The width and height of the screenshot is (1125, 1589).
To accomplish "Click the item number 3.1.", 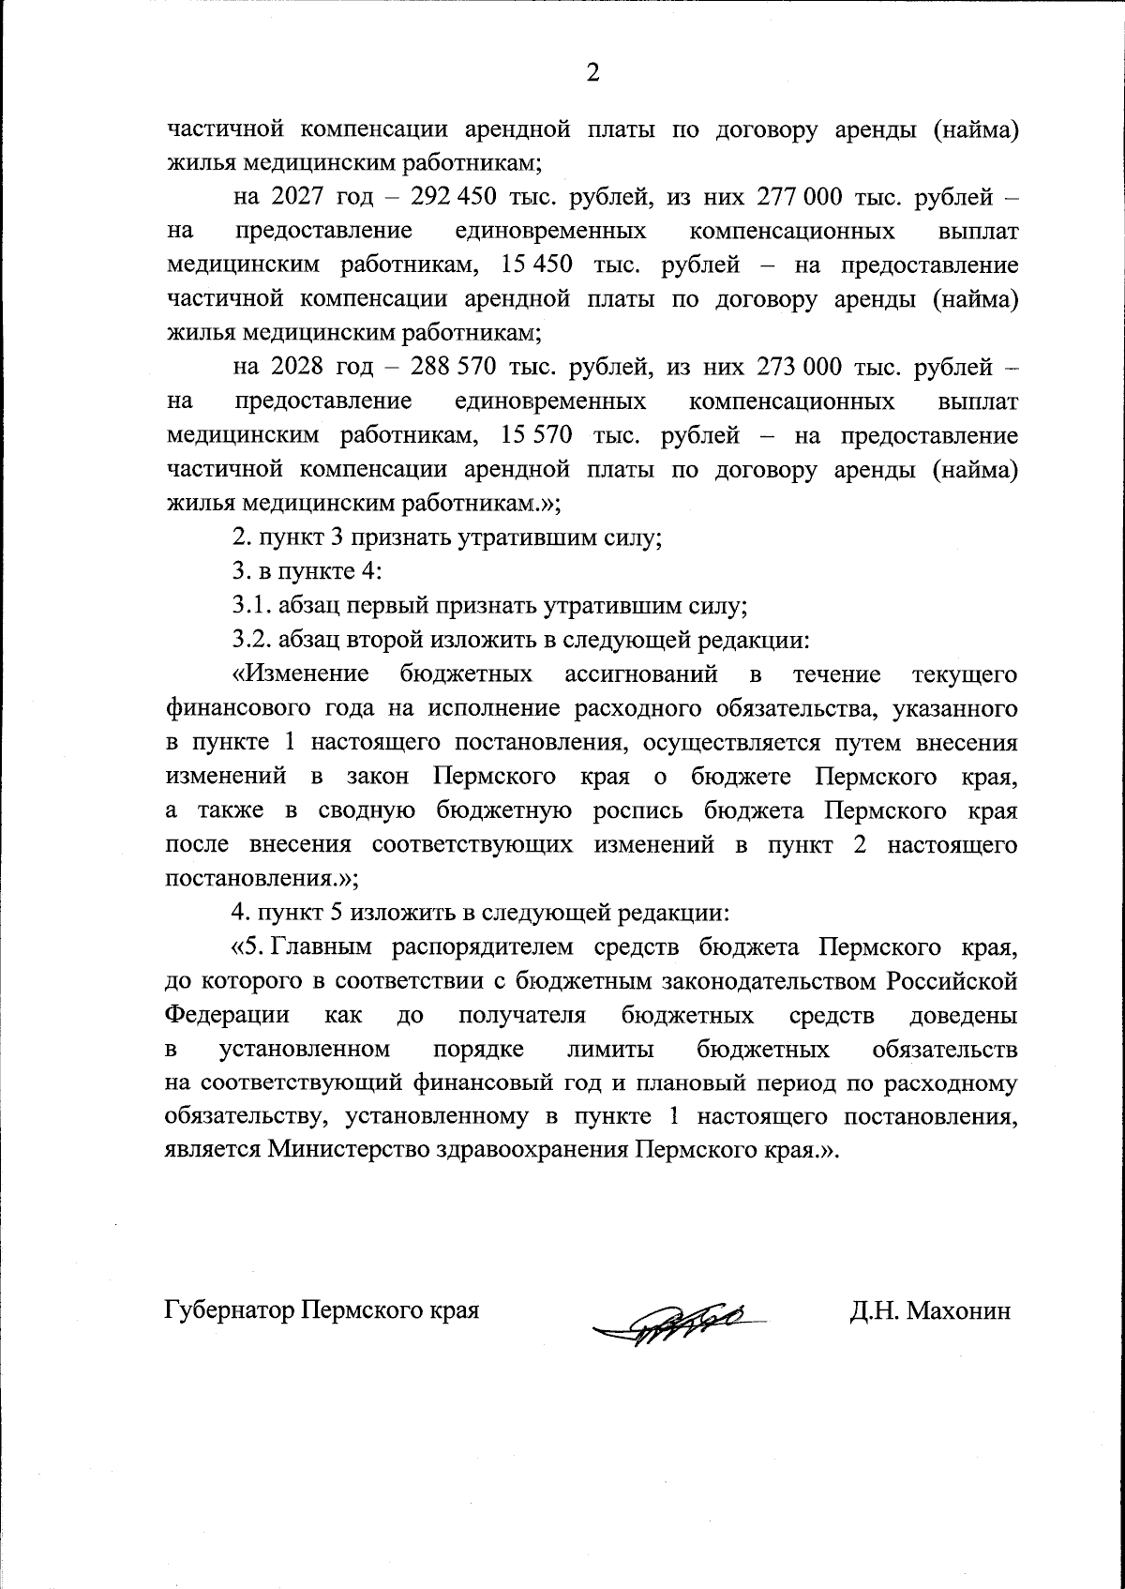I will (249, 607).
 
